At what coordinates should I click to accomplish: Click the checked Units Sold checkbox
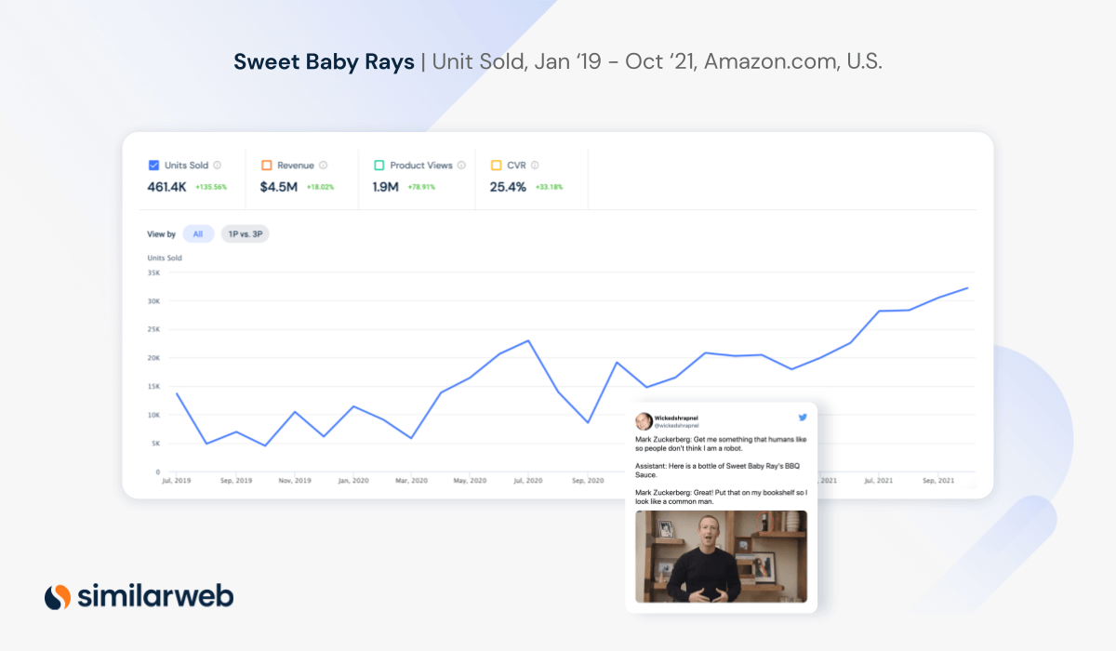click(x=153, y=166)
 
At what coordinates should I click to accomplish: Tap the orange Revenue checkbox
click(x=266, y=166)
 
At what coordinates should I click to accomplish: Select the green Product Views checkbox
click(x=379, y=166)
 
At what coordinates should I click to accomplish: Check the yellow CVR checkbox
click(x=496, y=166)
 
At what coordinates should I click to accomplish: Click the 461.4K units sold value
click(x=166, y=187)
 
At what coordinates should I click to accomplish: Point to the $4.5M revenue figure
click(x=279, y=187)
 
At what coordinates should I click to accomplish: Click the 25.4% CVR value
click(x=508, y=187)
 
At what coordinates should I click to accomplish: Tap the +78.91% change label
click(x=421, y=187)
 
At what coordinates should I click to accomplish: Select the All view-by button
click(x=198, y=234)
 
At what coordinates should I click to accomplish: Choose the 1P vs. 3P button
click(x=245, y=234)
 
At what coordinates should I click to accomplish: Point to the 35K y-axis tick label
click(x=153, y=272)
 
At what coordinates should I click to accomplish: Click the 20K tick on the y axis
click(x=153, y=358)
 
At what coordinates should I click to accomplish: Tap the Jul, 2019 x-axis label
click(x=176, y=481)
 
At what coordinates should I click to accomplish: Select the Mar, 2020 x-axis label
click(x=411, y=481)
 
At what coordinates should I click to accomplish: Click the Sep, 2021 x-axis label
click(x=937, y=481)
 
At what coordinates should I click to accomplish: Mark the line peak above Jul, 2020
click(x=528, y=340)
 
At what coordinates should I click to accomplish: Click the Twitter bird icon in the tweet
click(x=802, y=418)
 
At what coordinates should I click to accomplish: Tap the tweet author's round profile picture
click(x=644, y=421)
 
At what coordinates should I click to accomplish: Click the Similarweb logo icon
click(x=58, y=596)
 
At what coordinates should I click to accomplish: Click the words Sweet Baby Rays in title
click(x=324, y=62)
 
